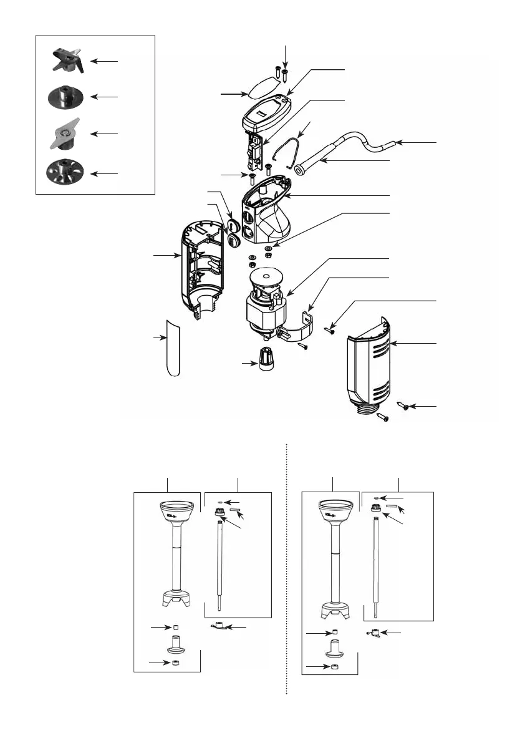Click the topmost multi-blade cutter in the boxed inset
66,61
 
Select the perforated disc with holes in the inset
65,172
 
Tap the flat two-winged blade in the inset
65,135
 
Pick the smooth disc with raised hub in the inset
66,97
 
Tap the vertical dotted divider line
286,568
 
